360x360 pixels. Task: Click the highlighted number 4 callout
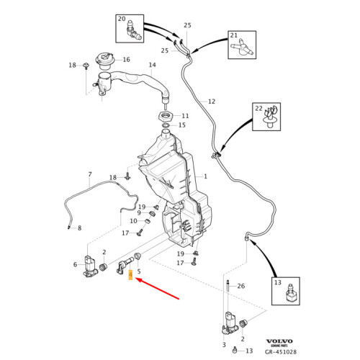pos(130,275)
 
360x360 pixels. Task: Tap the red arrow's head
pos(139,279)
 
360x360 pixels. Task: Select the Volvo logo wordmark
pos(279,341)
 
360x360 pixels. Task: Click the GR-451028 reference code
pos(281,352)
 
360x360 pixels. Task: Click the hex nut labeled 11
pos(166,117)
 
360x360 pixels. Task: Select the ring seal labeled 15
pos(166,125)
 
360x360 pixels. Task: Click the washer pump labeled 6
pos(90,267)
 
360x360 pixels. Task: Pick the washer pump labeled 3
pos(230,323)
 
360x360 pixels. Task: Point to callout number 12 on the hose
pos(212,102)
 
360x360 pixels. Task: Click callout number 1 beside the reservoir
pos(205,176)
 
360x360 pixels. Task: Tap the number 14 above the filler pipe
pos(153,65)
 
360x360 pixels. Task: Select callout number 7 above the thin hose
pos(90,174)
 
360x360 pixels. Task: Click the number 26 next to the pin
pos(241,286)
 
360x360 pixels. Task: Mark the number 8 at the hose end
pos(80,228)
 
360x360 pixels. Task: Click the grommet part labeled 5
pos(138,256)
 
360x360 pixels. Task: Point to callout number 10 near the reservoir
pos(133,221)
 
